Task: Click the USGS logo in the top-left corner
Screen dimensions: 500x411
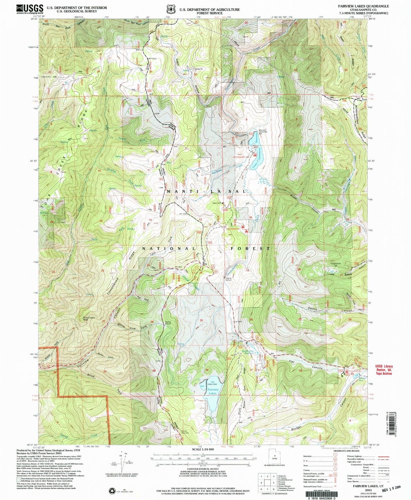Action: [30, 9]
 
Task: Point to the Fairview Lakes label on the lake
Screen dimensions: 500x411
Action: [212, 391]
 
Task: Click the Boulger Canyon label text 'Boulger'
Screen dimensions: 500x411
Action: [297, 428]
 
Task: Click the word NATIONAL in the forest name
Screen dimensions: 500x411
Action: [169, 248]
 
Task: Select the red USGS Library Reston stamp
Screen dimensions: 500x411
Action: [384, 370]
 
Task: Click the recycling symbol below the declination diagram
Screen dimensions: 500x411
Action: [112, 490]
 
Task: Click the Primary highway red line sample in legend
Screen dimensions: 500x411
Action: [384, 456]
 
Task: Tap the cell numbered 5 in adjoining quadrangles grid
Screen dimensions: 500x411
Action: [273, 483]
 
